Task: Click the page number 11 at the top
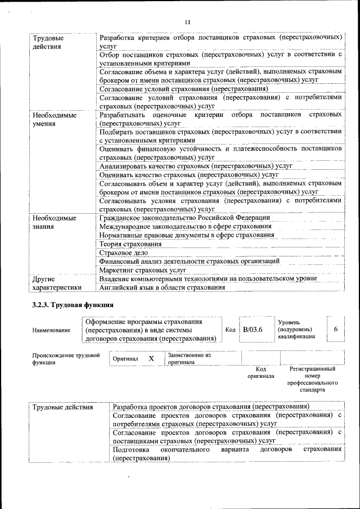[187, 22]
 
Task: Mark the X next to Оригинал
[151, 358]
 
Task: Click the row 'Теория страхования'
[130, 244]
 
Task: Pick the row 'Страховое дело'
[125, 253]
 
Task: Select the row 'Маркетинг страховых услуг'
[142, 270]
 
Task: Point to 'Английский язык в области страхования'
[162, 287]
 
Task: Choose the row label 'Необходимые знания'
[54, 222]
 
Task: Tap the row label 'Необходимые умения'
[54, 119]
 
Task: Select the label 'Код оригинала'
[260, 372]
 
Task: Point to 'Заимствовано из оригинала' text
[188, 359]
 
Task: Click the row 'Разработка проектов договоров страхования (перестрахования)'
[211, 406]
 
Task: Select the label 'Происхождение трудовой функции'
[66, 359]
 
